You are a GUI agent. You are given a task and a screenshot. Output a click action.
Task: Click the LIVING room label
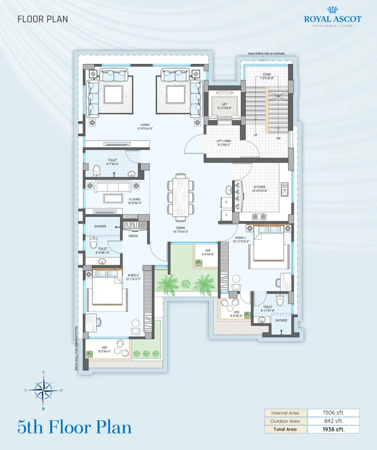145,125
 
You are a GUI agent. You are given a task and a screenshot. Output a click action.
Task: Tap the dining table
181,197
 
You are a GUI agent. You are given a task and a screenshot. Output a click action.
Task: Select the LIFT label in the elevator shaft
224,104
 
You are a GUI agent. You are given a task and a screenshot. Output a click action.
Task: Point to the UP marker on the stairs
256,135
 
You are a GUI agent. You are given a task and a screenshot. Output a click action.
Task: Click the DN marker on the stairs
279,138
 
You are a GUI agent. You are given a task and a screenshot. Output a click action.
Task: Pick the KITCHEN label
260,187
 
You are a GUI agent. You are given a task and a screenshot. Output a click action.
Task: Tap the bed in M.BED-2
107,288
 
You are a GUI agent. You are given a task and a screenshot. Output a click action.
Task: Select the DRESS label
133,236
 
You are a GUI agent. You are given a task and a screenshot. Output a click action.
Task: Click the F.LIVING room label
134,199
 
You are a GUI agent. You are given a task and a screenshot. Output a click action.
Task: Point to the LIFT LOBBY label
224,141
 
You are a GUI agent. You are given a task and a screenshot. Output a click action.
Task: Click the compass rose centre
43,390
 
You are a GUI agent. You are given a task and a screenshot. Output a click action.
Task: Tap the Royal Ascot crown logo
333,10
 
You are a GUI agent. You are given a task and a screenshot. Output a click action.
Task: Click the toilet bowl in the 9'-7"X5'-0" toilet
96,171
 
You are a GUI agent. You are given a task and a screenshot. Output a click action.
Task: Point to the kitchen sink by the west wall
285,189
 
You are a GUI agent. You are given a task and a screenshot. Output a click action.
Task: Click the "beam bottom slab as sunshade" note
266,53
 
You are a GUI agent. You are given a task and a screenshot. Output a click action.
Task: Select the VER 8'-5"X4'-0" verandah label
104,350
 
